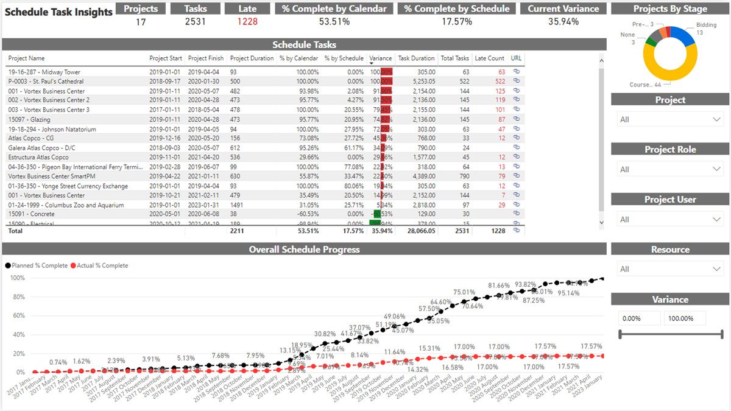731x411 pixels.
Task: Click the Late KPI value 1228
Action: pos(247,21)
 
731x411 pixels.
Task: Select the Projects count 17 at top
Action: pos(141,21)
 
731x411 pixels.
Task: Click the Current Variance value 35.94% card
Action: pos(563,21)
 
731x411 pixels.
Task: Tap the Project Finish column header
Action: pos(206,58)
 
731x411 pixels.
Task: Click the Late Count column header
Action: pos(489,58)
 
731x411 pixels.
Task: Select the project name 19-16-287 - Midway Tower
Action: pos(44,72)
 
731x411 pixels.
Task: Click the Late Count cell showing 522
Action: pos(500,81)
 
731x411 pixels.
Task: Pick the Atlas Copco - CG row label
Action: pos(31,138)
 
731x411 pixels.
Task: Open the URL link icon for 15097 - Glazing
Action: pos(517,119)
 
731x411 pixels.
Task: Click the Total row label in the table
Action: pos(15,231)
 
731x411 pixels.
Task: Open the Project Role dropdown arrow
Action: pos(716,169)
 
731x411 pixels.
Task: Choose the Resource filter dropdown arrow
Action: pos(716,269)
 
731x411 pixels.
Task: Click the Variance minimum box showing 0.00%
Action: pos(639,318)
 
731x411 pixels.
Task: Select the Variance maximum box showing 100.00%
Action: pos(685,318)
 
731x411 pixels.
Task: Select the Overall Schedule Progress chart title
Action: pos(304,249)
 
